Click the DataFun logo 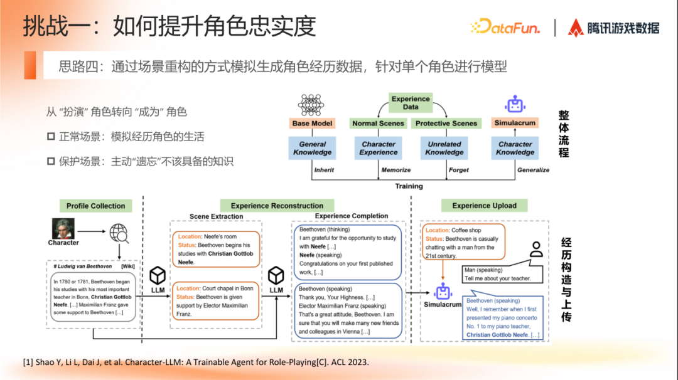click(505, 26)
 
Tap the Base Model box click(312, 124)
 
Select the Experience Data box click(411, 103)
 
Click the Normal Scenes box click(378, 124)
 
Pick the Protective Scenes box click(446, 124)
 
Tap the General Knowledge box click(312, 148)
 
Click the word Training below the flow click(409, 186)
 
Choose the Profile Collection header click(95, 206)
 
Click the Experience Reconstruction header click(277, 206)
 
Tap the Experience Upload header click(484, 206)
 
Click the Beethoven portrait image click(63, 228)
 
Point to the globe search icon click(119, 234)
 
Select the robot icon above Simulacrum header click(515, 105)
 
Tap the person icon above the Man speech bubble click(535, 250)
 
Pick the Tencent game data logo click(613, 27)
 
